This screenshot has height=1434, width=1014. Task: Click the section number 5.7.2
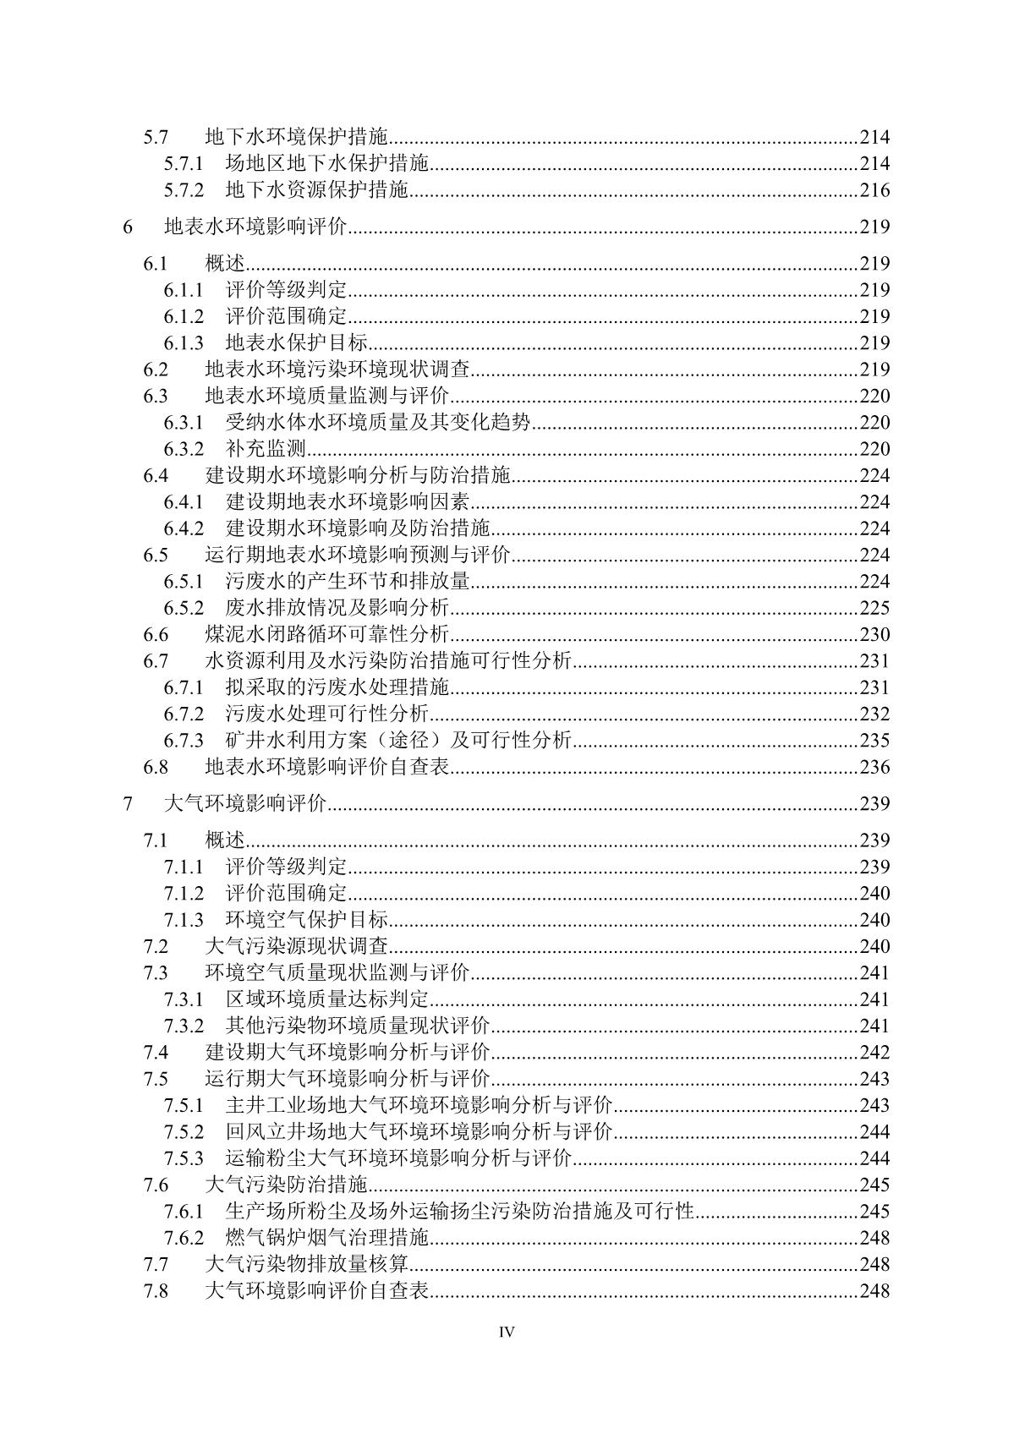tap(184, 190)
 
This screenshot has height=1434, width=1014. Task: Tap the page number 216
tap(874, 190)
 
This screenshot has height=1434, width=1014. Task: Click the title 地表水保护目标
tap(297, 342)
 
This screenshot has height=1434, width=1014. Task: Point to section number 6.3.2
tap(184, 449)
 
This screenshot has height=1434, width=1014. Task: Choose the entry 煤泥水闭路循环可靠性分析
tap(327, 635)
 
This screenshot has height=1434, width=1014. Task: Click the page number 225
tap(874, 608)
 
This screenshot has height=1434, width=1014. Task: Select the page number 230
tap(874, 635)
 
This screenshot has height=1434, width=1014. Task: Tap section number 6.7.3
tap(184, 741)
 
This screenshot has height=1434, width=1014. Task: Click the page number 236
tap(874, 767)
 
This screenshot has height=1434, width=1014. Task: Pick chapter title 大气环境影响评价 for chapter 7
tap(246, 803)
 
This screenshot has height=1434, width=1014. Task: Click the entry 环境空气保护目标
tap(307, 920)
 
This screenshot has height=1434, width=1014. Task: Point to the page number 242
tap(874, 1053)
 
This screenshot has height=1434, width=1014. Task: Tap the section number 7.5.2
tap(184, 1132)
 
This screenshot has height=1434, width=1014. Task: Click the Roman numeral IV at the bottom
tap(507, 1333)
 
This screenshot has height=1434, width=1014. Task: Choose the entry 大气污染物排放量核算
tap(307, 1265)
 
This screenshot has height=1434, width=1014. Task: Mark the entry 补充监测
tap(266, 449)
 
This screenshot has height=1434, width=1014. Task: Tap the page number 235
tap(874, 741)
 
